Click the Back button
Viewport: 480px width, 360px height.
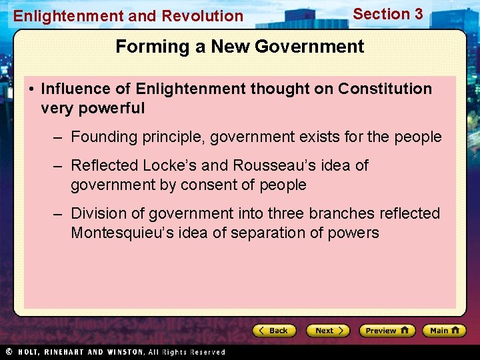click(274, 331)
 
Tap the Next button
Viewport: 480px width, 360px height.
click(327, 331)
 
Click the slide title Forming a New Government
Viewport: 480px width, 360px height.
click(240, 47)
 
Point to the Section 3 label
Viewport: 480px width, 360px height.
click(387, 14)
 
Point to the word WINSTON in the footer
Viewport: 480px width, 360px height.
click(124, 352)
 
